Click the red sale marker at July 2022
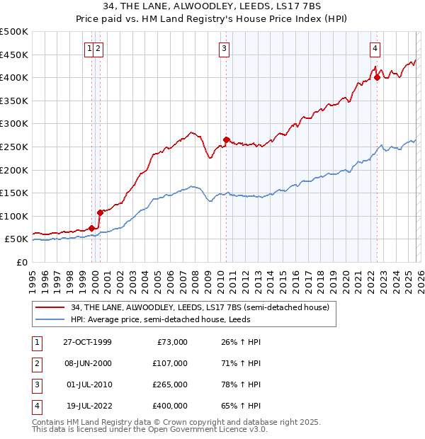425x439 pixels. [x=377, y=78]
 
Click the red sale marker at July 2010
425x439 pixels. [x=226, y=139]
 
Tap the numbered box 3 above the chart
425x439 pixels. [x=224, y=49]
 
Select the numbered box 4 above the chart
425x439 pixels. [x=375, y=49]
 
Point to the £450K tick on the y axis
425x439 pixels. [x=14, y=55]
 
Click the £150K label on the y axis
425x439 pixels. [x=14, y=193]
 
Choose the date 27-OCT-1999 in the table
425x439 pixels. [x=87, y=342]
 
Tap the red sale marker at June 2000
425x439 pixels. [x=101, y=212]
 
